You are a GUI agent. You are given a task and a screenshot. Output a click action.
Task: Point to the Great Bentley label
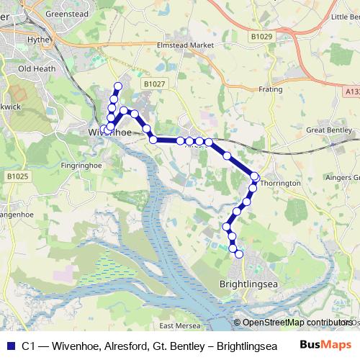point(327,130)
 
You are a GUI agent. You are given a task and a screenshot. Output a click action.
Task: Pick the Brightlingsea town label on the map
point(248,284)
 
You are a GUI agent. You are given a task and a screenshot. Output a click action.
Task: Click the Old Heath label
point(36,69)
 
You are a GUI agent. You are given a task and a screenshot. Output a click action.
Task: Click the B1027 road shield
point(154,84)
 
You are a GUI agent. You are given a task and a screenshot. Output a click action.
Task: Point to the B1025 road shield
point(17,176)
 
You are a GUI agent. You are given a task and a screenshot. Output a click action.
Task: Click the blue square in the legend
point(10,346)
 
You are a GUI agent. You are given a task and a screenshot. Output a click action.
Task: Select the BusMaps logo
point(325,345)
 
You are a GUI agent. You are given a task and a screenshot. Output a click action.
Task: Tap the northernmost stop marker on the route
point(118,86)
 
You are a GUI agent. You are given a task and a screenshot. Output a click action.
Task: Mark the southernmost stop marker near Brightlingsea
point(239,253)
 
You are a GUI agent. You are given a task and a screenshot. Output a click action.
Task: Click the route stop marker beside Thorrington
point(255,176)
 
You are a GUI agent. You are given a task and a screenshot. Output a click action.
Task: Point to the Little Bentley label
point(344,17)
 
